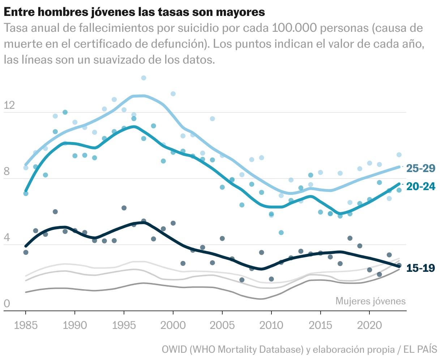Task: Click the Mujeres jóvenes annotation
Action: click(371, 301)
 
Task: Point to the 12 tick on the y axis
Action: click(9, 105)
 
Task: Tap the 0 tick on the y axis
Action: click(7, 304)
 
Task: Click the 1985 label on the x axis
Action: click(26, 325)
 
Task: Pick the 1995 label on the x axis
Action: click(124, 325)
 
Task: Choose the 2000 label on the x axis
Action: click(173, 325)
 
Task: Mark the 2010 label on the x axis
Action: click(271, 325)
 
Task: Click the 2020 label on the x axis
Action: click(370, 325)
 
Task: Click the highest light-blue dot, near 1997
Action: click(144, 78)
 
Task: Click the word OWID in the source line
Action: click(174, 350)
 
